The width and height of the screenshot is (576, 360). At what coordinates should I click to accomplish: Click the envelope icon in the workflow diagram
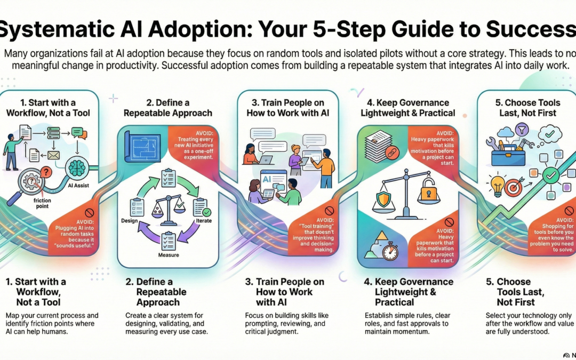[x=53, y=155]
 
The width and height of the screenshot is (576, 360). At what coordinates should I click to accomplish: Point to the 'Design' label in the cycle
[x=130, y=221]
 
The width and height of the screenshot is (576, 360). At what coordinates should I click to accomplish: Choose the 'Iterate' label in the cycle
[x=204, y=220]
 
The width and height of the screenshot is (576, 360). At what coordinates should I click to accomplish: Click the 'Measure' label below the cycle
[x=169, y=255]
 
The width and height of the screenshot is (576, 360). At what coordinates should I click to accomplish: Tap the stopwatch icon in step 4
[x=390, y=251]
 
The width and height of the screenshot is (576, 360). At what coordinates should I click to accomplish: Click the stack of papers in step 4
[x=380, y=143]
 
